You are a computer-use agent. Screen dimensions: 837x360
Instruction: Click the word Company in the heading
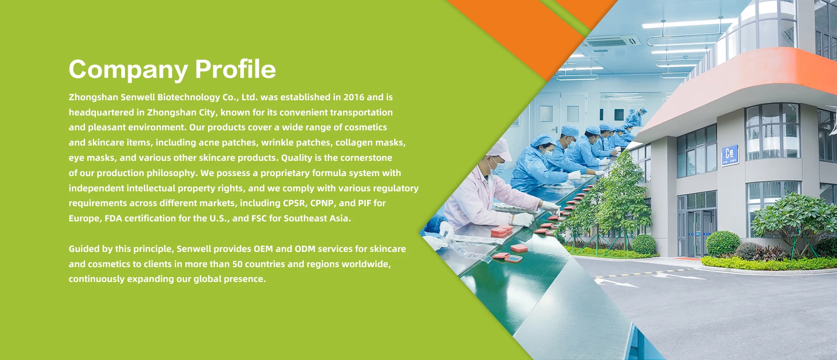[x=128, y=70]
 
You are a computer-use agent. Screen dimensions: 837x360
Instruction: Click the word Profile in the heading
[x=235, y=69]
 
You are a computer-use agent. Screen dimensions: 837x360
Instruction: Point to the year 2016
[x=354, y=97]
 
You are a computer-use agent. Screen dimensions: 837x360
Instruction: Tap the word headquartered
[x=101, y=112]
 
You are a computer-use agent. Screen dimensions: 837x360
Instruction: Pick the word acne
[x=209, y=143]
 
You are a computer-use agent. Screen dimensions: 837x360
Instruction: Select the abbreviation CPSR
[x=294, y=203]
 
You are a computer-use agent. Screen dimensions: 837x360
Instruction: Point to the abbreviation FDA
[x=113, y=218]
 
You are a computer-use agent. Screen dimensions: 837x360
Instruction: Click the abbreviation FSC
[x=259, y=218]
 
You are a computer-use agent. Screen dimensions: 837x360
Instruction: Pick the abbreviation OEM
[x=263, y=249]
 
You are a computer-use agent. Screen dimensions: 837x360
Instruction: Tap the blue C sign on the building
[x=729, y=155]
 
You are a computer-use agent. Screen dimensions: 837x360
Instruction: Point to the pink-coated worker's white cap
[x=500, y=149]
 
